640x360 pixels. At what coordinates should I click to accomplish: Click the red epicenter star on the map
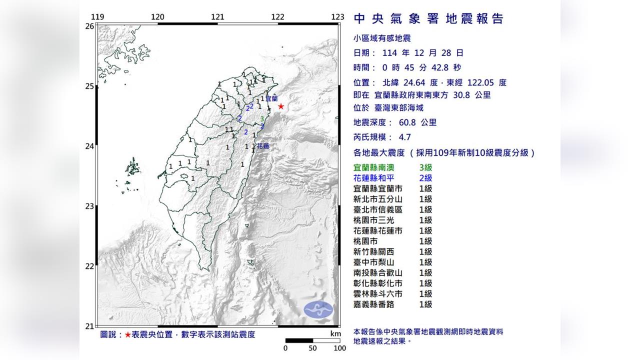(x=281, y=106)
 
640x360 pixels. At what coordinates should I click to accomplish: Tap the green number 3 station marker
(x=262, y=119)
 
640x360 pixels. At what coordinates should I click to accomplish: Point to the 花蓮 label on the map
(x=262, y=146)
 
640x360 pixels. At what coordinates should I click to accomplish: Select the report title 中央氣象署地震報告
(x=428, y=19)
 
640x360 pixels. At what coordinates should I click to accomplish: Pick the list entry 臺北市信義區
(x=378, y=209)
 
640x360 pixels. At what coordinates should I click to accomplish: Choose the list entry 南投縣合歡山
(x=378, y=272)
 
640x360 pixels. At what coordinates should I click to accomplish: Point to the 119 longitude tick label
(x=98, y=17)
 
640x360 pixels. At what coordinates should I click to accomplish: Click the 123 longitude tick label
(x=337, y=17)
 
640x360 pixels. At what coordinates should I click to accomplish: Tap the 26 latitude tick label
(x=89, y=26)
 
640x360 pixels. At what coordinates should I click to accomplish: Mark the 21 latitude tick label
(x=89, y=326)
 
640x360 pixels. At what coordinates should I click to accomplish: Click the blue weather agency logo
(x=318, y=309)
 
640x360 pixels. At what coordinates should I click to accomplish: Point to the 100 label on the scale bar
(x=339, y=348)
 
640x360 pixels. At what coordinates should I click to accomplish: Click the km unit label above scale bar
(x=335, y=333)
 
